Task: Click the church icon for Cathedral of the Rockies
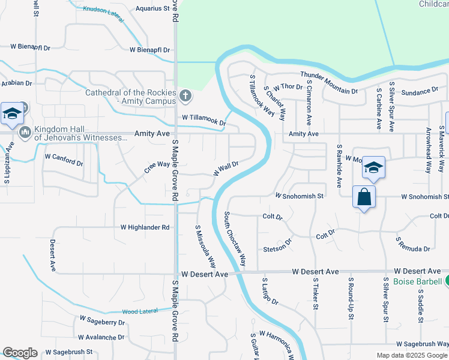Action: coord(186,95)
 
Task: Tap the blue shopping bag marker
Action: coord(364,197)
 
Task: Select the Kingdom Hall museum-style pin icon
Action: coord(25,131)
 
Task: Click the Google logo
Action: coord(20,353)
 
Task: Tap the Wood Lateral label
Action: coord(139,311)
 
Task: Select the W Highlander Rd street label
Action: coord(145,227)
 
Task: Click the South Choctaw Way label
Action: coord(236,239)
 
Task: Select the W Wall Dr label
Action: coord(226,167)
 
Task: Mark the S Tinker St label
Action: coord(315,293)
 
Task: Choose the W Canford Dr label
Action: coord(64,159)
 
